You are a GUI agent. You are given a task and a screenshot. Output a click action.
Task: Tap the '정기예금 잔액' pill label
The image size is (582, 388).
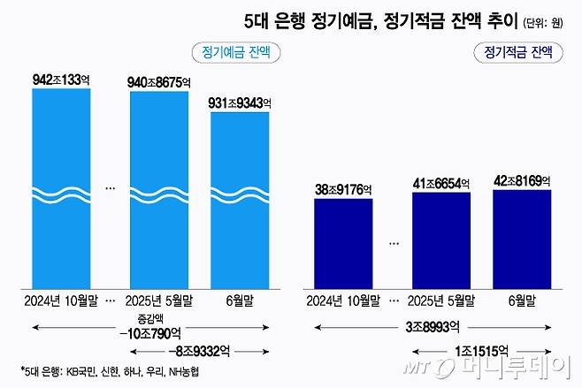(231, 51)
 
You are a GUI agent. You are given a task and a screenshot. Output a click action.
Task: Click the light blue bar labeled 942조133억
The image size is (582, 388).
(60, 186)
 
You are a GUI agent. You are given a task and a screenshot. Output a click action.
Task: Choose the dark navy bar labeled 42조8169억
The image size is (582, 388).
(522, 238)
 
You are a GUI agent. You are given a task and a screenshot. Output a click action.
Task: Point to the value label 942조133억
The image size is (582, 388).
(60, 80)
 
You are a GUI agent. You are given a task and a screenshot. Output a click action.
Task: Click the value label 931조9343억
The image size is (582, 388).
(240, 103)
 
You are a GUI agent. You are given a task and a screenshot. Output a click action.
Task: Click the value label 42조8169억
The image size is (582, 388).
(522, 181)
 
